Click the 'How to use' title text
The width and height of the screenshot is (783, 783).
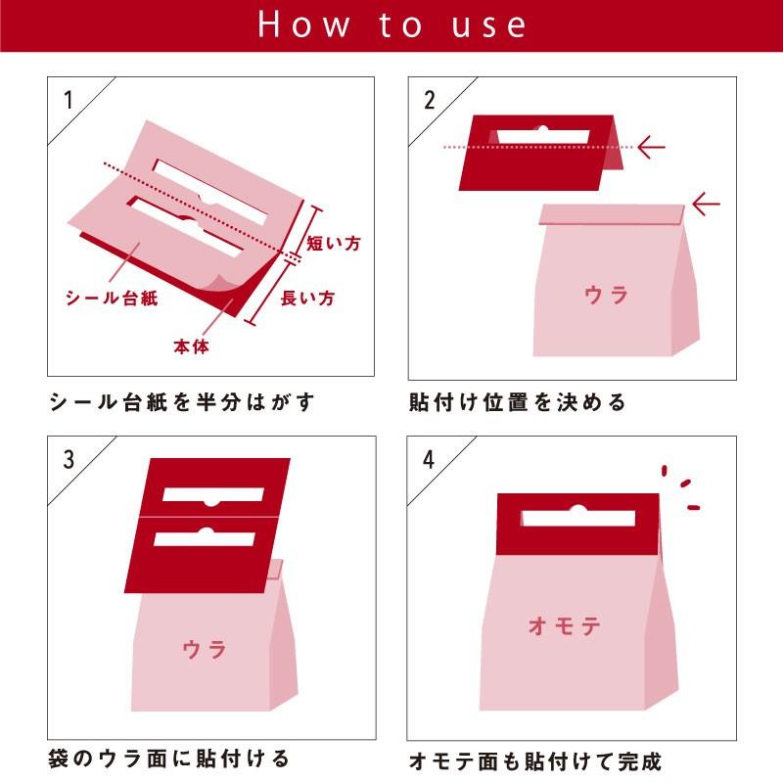click(392, 25)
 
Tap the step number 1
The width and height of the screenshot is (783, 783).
click(69, 101)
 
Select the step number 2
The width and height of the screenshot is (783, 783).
click(430, 101)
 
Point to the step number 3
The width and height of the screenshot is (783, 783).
click(69, 459)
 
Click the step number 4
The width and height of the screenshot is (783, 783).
click(429, 459)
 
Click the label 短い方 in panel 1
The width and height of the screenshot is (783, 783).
click(333, 243)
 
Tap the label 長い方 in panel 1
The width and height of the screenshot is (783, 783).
click(307, 299)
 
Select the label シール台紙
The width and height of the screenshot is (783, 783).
click(112, 299)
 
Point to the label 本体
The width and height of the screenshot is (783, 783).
click(191, 346)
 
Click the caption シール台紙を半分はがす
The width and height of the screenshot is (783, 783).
click(182, 402)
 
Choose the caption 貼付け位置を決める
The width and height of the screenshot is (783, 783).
click(517, 402)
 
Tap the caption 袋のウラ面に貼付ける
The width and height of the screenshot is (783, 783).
click(168, 759)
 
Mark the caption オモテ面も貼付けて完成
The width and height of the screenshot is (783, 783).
click(534, 761)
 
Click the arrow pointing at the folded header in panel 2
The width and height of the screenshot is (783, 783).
click(652, 148)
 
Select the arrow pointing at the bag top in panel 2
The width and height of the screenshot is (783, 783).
click(706, 205)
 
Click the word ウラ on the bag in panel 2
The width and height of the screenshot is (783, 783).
click(606, 296)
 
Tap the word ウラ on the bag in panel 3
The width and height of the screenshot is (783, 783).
click(205, 650)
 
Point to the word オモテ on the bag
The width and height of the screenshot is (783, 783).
click(565, 625)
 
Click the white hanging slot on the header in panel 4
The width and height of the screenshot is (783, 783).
click(578, 517)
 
